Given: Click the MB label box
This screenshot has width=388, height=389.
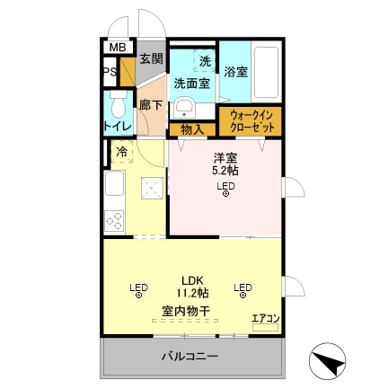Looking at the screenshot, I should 117,48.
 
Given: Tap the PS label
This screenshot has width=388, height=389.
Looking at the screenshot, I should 108,73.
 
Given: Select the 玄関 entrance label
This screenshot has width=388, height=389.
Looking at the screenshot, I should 150,59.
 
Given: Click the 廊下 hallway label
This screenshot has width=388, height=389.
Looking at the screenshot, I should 149,103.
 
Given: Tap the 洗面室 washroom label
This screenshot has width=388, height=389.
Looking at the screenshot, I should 191,83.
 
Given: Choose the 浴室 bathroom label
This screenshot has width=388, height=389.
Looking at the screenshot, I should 235,71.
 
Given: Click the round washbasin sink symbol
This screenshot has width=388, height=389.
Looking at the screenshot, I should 184,108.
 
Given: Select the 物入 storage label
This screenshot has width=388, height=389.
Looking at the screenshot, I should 192,129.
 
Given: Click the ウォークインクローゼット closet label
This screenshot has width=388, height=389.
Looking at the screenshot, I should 251,121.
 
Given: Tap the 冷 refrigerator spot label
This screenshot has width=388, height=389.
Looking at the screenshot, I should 120,153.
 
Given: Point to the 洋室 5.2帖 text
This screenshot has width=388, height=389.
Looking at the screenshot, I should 225,163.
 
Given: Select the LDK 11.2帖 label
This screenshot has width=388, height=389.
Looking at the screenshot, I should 190,286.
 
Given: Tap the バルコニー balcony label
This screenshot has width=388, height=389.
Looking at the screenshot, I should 190,358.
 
